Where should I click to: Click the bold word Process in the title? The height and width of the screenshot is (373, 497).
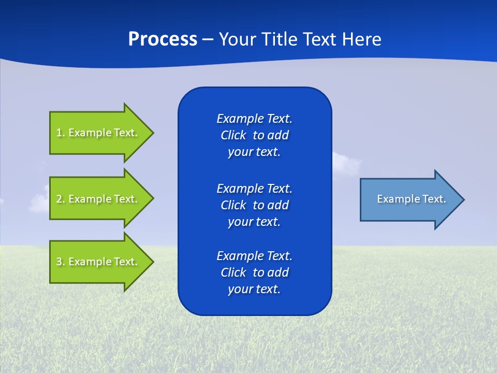click(163, 39)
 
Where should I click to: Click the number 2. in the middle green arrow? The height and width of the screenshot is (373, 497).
click(60, 199)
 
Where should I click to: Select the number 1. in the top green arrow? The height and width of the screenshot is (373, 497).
click(60, 133)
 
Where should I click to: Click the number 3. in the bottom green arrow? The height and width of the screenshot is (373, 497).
click(60, 262)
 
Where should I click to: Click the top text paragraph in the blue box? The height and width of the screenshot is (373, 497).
click(254, 135)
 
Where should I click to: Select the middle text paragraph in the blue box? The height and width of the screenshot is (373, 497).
click(254, 205)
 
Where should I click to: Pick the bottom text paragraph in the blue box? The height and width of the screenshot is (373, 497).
click(254, 272)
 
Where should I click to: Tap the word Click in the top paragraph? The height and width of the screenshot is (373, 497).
click(233, 135)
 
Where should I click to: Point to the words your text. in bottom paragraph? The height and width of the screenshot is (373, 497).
click(254, 289)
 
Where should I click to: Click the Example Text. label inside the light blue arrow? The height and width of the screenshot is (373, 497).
click(412, 199)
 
